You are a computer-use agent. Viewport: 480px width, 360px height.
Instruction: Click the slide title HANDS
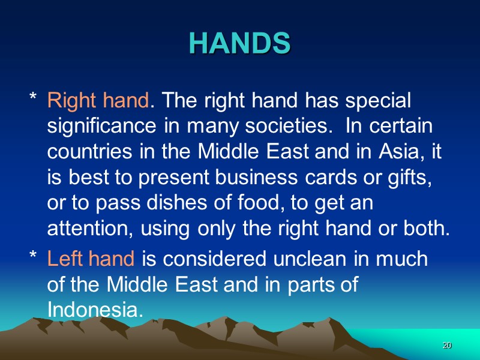[240, 43]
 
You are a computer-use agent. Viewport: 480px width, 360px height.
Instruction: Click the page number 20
[446, 346]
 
